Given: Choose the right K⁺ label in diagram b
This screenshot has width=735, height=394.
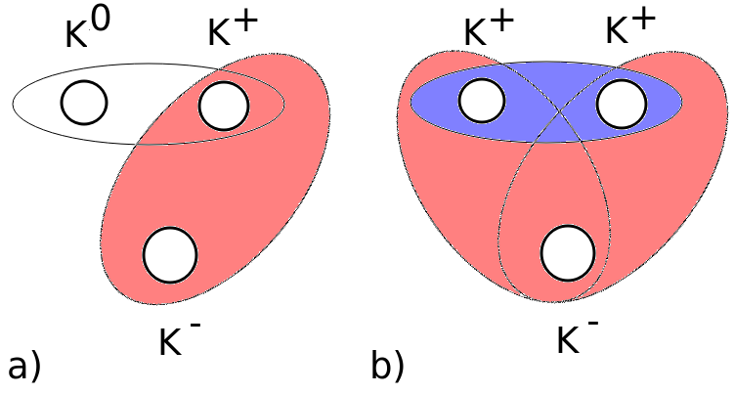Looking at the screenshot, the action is click(628, 31).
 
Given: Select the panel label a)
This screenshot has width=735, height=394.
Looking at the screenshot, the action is click(23, 367).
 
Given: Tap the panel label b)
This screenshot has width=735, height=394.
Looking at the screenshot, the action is click(389, 367).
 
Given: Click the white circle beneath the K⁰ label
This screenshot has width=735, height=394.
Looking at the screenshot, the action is click(84, 103).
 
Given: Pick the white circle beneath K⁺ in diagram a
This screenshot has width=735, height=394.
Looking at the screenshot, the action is click(224, 104).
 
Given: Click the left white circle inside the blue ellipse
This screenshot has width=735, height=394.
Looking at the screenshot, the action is click(482, 101).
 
